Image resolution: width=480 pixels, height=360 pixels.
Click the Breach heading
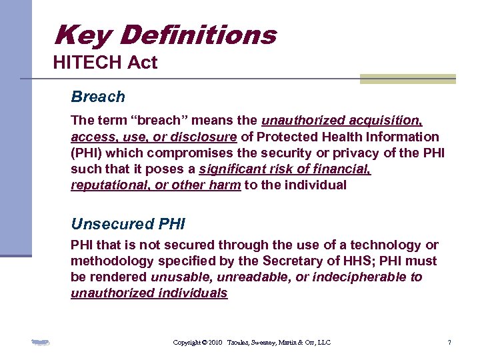coord(98,97)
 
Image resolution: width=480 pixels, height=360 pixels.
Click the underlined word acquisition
coord(387,121)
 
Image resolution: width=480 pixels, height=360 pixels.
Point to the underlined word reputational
coord(111,185)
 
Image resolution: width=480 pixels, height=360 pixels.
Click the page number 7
coord(449,343)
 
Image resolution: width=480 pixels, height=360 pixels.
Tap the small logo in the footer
coord(41,343)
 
